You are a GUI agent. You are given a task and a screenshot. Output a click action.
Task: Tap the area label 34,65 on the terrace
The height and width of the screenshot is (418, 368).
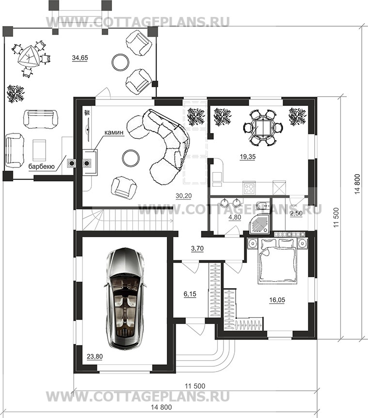click(x=80, y=58)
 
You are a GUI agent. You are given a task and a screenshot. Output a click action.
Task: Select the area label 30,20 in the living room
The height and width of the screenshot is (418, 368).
click(x=184, y=196)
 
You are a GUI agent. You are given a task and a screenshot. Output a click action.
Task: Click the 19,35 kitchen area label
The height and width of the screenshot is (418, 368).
click(x=247, y=157)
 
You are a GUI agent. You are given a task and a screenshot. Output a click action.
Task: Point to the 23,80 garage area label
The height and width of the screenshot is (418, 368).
click(x=95, y=357)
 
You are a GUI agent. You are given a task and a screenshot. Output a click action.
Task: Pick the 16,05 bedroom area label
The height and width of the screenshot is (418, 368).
click(x=277, y=300)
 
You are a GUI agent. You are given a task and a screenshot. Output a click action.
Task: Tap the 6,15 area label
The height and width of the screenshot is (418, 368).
click(x=190, y=294)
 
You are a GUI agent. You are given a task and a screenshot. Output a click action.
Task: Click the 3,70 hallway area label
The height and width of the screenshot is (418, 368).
click(x=197, y=249)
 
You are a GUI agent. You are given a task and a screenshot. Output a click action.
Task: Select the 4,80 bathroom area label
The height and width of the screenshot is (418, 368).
click(x=235, y=217)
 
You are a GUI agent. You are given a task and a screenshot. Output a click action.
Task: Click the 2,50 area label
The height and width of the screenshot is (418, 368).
click(x=296, y=214)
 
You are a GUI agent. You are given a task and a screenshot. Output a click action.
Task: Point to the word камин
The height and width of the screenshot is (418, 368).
click(x=114, y=132)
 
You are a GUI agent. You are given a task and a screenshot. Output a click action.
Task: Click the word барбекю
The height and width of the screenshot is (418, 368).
click(x=41, y=167)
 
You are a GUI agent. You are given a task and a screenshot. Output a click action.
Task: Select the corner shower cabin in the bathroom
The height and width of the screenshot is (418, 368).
click(x=258, y=224)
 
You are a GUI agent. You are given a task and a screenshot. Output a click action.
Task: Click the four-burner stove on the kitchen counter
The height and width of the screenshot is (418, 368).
click(x=249, y=188)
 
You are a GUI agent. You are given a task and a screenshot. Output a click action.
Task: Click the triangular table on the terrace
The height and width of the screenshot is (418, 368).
click(x=28, y=56)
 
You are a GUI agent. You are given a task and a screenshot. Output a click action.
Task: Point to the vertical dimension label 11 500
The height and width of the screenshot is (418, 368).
click(x=336, y=217)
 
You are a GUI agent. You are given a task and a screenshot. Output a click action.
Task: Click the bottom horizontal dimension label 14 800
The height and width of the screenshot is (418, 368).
click(x=161, y=407)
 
